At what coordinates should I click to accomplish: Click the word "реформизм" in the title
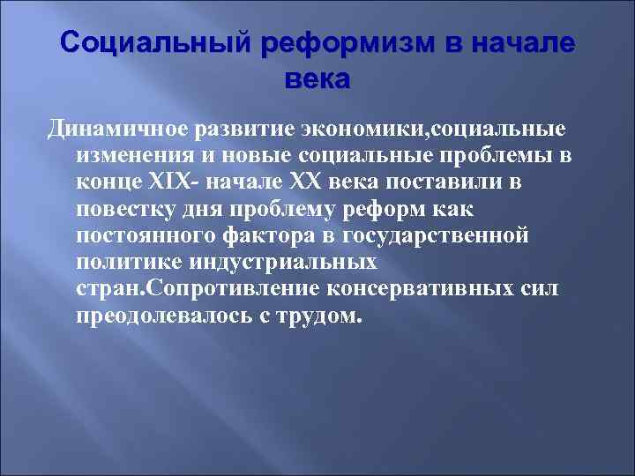tap(330, 41)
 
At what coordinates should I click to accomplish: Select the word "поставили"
tap(458, 183)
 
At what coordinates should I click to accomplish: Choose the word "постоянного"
tap(146, 236)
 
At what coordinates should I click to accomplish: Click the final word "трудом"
tap(318, 316)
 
